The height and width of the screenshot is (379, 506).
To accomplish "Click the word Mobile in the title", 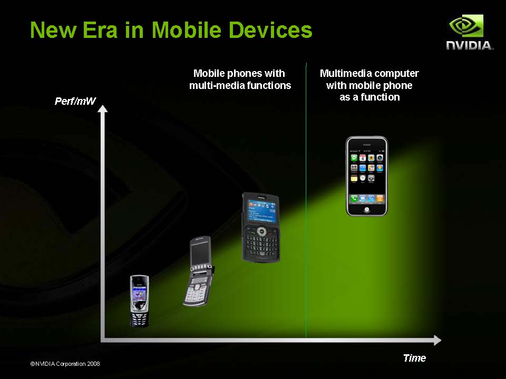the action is [x=187, y=30].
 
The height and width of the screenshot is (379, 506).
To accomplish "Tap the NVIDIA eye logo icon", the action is [x=466, y=26].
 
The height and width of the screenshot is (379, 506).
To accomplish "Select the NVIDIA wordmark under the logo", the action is [x=470, y=45].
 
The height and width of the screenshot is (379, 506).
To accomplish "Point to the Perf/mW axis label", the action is [x=75, y=101].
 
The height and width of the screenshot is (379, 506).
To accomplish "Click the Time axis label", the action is [x=414, y=358].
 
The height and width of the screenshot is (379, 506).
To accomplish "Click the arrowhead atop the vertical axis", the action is [x=102, y=109].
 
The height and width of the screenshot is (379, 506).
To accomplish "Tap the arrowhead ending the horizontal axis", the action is [x=437, y=340].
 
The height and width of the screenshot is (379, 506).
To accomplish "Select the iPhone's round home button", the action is [x=367, y=210].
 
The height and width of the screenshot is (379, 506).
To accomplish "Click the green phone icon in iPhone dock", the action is [x=354, y=198].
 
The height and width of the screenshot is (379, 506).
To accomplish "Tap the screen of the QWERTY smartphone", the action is [x=262, y=211].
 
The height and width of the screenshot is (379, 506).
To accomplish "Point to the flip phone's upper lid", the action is [x=200, y=253].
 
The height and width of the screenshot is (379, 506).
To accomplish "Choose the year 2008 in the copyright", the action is [x=93, y=364].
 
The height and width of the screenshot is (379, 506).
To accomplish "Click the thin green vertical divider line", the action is [x=306, y=200].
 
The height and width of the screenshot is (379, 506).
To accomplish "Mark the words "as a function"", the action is [x=369, y=97].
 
